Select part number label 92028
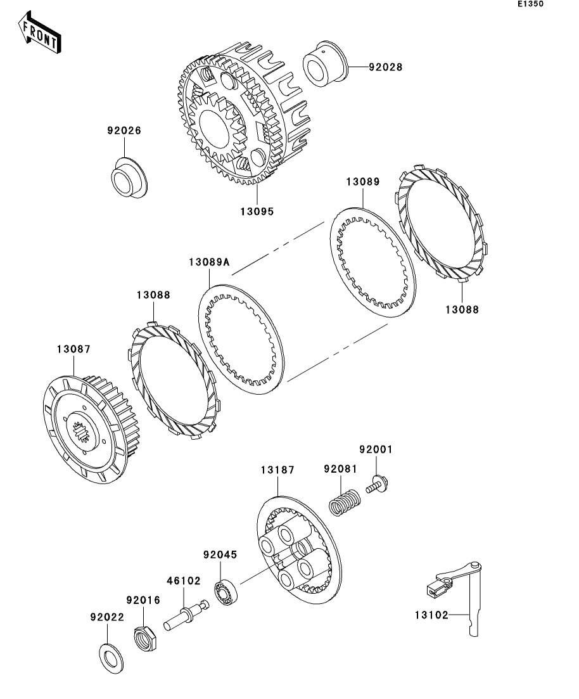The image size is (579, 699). [x=386, y=67]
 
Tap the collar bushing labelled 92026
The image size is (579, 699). [x=129, y=177]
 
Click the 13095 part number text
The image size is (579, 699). [x=257, y=211]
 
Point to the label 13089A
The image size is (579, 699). [x=209, y=262]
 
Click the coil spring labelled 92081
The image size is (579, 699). [x=345, y=503]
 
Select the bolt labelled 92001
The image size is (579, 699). [x=377, y=485]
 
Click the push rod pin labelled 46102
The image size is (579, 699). [x=186, y=615]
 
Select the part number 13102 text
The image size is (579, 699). [x=431, y=615]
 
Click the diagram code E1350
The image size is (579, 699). [x=530, y=4]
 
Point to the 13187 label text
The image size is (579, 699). [x=277, y=470]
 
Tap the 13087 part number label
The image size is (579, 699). [x=73, y=349]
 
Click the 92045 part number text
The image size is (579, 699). [x=220, y=555]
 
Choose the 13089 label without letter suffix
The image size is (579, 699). [x=363, y=182]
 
